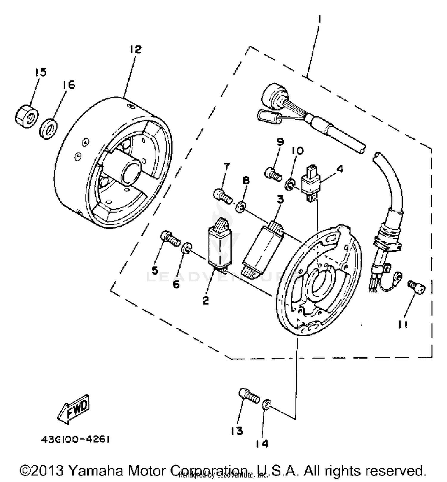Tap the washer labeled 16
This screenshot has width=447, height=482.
point(48,129)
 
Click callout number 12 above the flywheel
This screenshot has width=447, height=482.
point(135,49)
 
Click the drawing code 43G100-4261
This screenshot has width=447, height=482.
point(75,440)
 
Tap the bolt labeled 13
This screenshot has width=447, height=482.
point(249,396)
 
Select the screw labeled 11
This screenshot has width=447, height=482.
point(416,287)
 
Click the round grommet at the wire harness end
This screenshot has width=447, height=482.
point(272,95)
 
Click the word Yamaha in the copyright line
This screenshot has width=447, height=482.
point(96,471)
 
